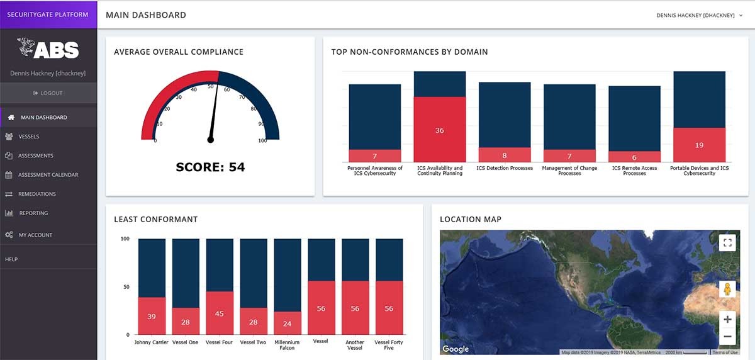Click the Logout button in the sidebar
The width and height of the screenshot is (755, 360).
(x=48, y=93)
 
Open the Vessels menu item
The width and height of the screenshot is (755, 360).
(x=28, y=137)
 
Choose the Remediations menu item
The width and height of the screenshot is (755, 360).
(x=36, y=194)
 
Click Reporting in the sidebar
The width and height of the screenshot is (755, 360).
(x=33, y=213)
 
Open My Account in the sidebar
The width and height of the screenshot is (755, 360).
(x=35, y=235)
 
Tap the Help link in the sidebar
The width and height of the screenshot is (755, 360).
(x=11, y=259)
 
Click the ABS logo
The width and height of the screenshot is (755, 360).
(x=48, y=49)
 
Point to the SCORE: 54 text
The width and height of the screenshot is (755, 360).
(x=210, y=167)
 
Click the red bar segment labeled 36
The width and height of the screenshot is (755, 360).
(x=440, y=130)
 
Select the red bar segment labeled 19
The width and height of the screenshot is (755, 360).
(x=699, y=145)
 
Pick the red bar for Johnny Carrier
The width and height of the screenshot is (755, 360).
(x=152, y=316)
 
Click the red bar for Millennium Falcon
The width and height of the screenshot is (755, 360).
(x=287, y=323)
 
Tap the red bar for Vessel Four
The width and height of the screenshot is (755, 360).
(x=220, y=313)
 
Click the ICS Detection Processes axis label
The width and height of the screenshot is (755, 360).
(x=505, y=169)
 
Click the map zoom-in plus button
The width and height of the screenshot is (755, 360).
(x=727, y=319)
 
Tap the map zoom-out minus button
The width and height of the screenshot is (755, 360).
(x=727, y=337)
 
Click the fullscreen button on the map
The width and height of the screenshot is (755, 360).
(x=727, y=243)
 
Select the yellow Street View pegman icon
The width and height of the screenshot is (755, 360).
(x=727, y=290)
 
